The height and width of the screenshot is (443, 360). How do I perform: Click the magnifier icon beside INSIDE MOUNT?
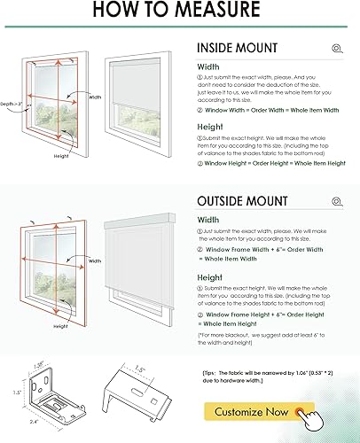(x=335, y=49)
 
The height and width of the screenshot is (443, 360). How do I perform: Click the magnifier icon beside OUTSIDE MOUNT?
(x=335, y=201)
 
